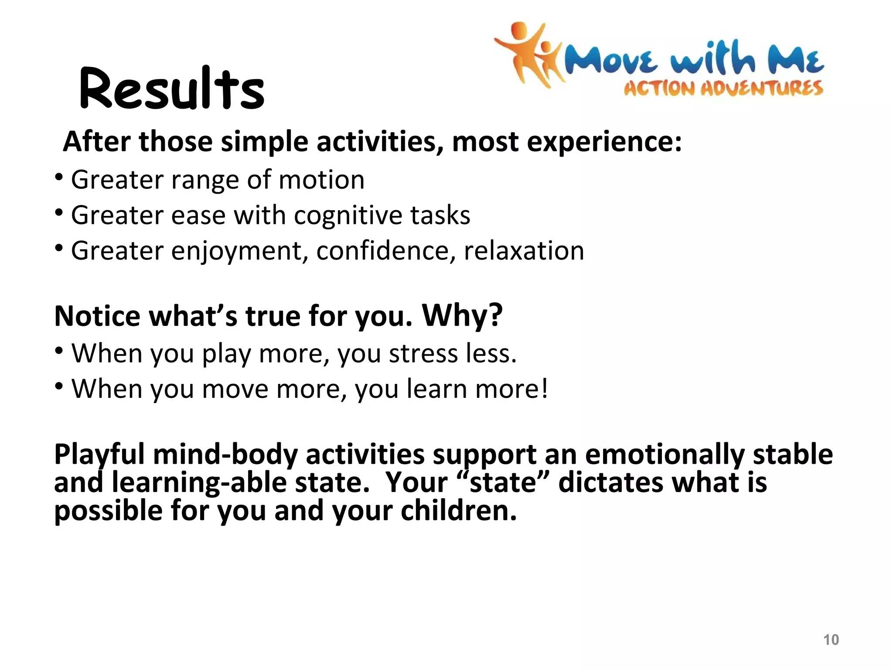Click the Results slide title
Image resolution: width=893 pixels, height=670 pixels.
(x=172, y=89)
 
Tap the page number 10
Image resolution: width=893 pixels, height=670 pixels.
(x=831, y=639)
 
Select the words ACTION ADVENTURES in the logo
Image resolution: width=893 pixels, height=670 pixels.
(x=723, y=89)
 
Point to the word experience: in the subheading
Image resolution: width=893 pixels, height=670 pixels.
(x=604, y=142)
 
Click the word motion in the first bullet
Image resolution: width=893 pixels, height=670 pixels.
(x=321, y=180)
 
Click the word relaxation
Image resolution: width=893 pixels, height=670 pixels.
(x=524, y=251)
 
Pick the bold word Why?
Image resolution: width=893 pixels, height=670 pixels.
(x=462, y=315)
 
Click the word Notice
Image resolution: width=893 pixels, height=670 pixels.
(x=97, y=316)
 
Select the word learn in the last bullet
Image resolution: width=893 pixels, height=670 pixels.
(x=436, y=389)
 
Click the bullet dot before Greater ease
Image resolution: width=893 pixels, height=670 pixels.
(x=59, y=213)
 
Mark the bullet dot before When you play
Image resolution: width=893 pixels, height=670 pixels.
(x=59, y=351)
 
